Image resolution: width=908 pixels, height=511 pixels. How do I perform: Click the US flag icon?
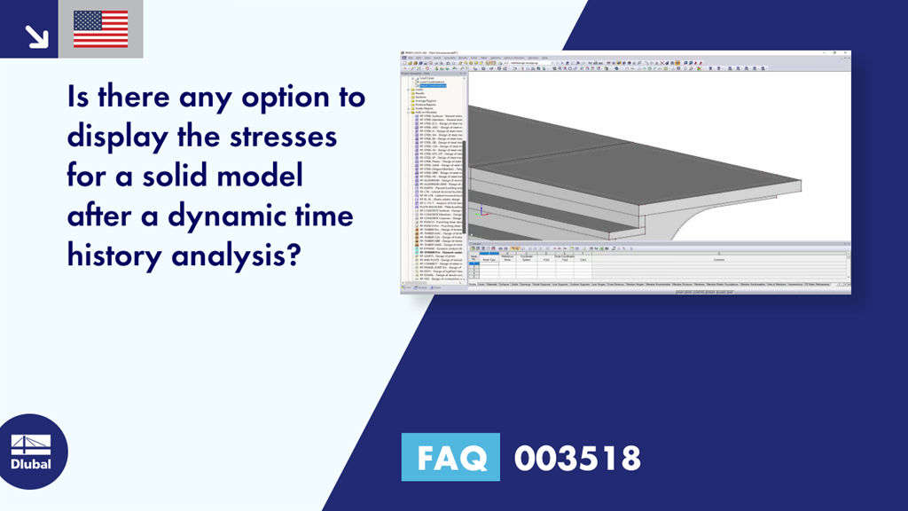[100, 28]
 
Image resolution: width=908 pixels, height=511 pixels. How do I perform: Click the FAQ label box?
[450, 458]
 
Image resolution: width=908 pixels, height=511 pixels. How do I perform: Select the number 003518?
[577, 458]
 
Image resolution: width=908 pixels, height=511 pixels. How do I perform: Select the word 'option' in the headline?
[281, 98]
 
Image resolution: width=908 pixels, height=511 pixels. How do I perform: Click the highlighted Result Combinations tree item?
[440, 85]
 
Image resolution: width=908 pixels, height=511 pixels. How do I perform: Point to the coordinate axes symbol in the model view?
[481, 211]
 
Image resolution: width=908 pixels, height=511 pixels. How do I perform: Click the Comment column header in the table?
[718, 260]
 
